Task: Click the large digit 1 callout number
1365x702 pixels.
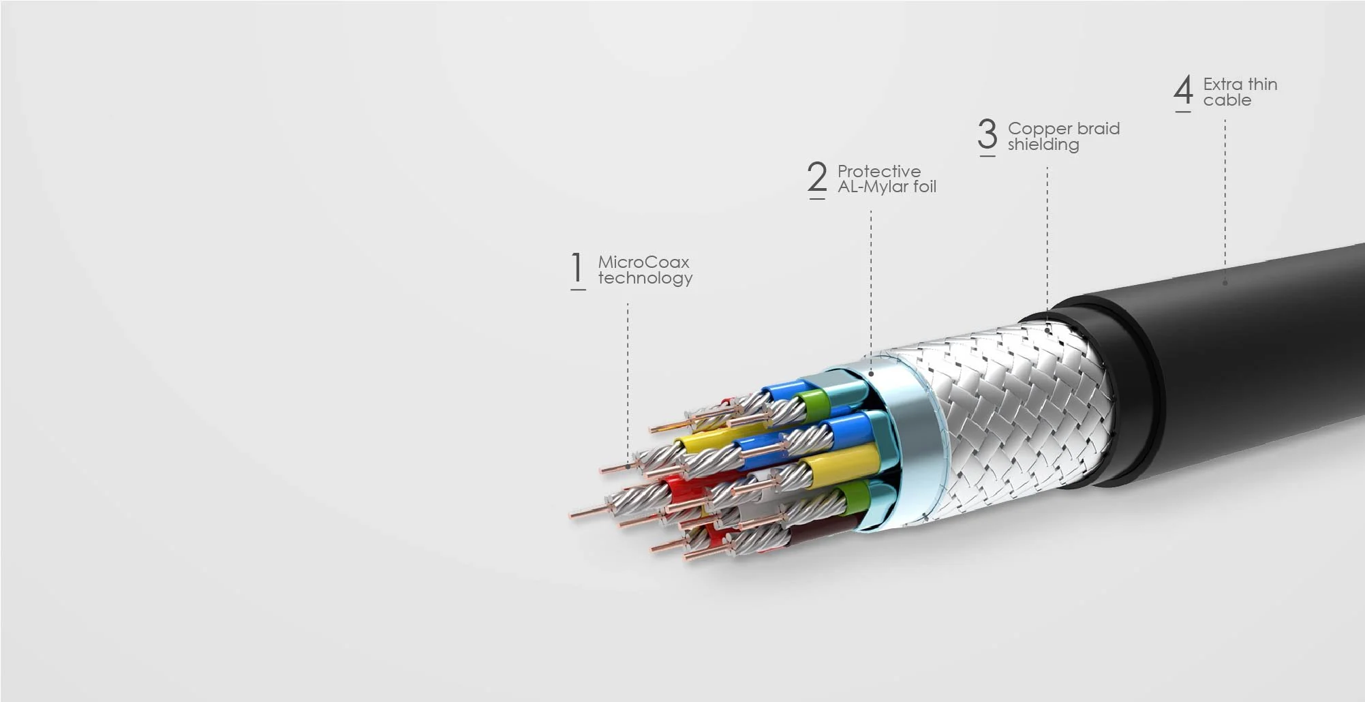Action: [577, 268]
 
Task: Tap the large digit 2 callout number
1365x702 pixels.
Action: [817, 177]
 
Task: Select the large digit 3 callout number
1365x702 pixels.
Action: [987, 134]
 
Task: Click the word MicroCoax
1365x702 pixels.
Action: [643, 262]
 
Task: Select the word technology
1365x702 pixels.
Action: [645, 278]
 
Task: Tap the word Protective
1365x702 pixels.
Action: [878, 171]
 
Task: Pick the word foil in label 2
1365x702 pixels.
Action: [925, 187]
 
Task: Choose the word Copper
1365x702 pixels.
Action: [1040, 129]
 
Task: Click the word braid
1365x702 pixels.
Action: [1099, 128]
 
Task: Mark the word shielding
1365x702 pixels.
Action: [1043, 144]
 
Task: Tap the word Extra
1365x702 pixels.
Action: [1223, 85]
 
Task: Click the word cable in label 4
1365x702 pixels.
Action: [1227, 100]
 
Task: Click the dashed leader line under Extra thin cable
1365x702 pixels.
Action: [1225, 198]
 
